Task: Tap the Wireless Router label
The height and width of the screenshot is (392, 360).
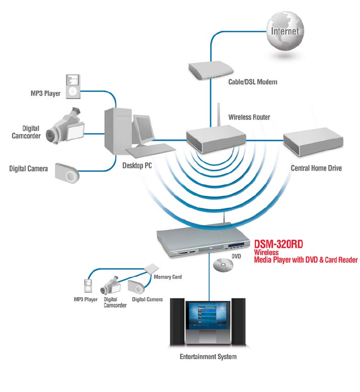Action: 249,117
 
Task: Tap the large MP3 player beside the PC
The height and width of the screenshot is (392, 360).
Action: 73,86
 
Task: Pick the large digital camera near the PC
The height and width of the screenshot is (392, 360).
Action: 67,173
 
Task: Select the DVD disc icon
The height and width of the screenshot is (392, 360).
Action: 223,265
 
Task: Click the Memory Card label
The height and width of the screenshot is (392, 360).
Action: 168,277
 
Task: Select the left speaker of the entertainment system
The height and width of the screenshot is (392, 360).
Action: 177,321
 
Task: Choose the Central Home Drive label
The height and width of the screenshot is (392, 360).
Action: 316,168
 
